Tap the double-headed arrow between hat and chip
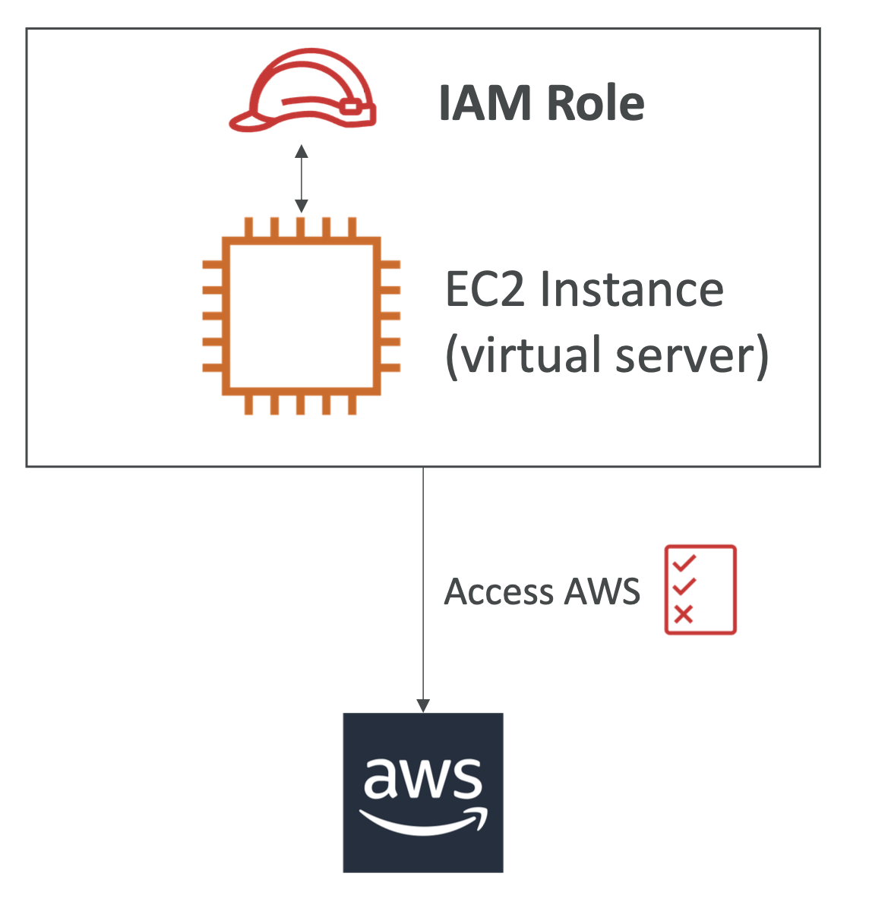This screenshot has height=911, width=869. (x=302, y=178)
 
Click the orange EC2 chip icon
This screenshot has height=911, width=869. (x=301, y=316)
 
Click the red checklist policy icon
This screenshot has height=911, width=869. (x=700, y=589)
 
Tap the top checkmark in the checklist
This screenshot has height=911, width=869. (x=684, y=563)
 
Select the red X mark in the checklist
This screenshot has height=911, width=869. (x=684, y=614)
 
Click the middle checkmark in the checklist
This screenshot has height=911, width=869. (x=684, y=587)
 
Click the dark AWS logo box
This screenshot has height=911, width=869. (x=423, y=793)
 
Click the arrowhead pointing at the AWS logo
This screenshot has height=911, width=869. (x=423, y=705)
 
